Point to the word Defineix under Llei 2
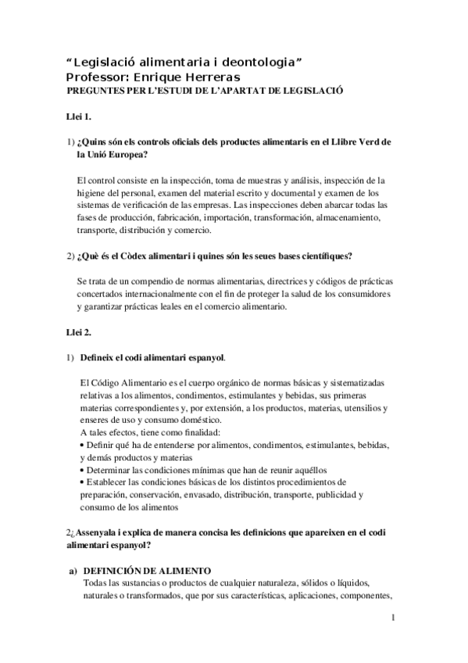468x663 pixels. click(101, 358)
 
